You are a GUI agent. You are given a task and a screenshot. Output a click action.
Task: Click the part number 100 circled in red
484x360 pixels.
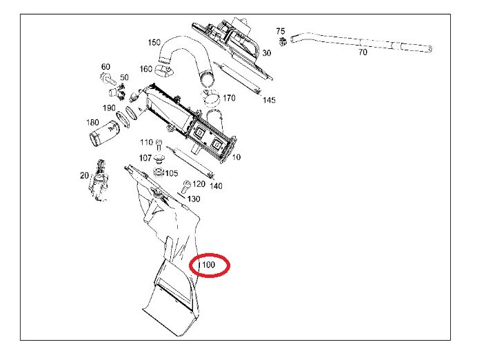[209, 265]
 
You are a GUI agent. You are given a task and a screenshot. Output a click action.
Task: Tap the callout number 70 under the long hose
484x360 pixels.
[363, 52]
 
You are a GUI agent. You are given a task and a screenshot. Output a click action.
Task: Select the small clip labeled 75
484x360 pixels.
[283, 41]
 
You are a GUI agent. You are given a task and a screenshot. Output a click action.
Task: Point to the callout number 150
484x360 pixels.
[154, 42]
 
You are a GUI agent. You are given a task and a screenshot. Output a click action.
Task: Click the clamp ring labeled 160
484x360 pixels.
[164, 70]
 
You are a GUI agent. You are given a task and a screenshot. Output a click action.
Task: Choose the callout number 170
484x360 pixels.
[229, 98]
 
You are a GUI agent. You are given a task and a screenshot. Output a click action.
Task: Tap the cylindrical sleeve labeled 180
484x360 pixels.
[104, 134]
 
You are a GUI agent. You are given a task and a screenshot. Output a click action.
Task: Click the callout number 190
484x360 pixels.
[109, 108]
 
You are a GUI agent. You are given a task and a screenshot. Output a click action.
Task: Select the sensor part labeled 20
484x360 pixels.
[99, 180]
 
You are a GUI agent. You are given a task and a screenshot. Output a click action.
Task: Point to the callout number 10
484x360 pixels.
[236, 157]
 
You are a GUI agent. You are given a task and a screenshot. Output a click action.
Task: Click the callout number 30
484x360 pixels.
[267, 53]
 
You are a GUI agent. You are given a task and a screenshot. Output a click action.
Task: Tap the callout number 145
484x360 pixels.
[269, 100]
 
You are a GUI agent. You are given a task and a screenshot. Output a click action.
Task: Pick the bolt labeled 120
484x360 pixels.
[186, 186]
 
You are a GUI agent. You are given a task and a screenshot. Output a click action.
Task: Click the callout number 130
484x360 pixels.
[194, 199]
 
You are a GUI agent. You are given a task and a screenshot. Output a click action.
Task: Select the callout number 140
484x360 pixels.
[216, 186]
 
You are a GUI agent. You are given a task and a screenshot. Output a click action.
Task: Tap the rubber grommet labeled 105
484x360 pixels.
[159, 172]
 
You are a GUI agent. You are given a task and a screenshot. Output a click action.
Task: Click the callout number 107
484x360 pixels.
[145, 158]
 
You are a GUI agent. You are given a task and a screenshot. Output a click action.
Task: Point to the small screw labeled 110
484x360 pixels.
[159, 145]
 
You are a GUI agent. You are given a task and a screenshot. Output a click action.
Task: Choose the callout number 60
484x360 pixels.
[105, 67]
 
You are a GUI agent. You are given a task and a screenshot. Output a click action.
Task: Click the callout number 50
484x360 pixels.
[124, 77]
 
